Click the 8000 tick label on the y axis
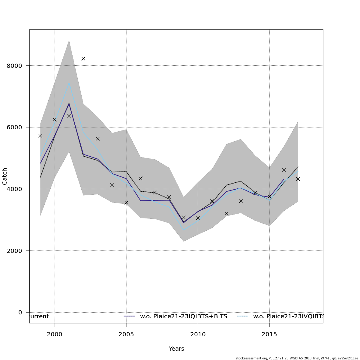coord(14,66)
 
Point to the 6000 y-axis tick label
coord(14,127)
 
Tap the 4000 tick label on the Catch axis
coord(14,189)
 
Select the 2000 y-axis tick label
coord(14,251)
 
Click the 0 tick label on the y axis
coord(20,312)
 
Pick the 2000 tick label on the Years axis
coord(55,334)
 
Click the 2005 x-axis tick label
coord(126,334)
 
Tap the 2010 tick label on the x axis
coord(198,334)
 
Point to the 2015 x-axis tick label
coord(269,334)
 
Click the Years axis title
coord(176,349)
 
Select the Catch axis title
coord(5,176)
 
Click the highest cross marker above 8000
coord(83,58)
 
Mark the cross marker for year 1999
coord(40,136)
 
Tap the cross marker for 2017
coord(298,179)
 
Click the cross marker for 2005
coord(126,202)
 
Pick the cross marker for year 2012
coord(226,214)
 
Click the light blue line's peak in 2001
coord(69,83)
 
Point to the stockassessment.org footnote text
coord(297,358)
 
